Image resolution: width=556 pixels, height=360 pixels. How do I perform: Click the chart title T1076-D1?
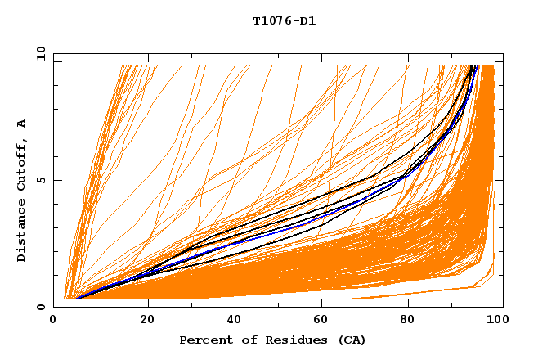click(284, 20)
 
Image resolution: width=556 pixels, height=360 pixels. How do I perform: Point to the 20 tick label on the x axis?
click(147, 320)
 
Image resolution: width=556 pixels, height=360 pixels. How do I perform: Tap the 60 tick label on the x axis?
click(321, 320)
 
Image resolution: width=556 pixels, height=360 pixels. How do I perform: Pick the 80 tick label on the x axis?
click(407, 320)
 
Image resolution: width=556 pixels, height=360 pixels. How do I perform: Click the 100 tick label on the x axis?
click(494, 320)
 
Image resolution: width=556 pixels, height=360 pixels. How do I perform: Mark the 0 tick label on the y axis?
click(41, 307)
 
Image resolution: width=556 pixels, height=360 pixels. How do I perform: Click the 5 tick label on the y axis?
click(41, 181)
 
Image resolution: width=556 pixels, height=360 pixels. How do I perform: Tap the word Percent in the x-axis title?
click(204, 340)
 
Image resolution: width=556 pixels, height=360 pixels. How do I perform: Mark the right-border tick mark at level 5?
click(499, 181)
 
